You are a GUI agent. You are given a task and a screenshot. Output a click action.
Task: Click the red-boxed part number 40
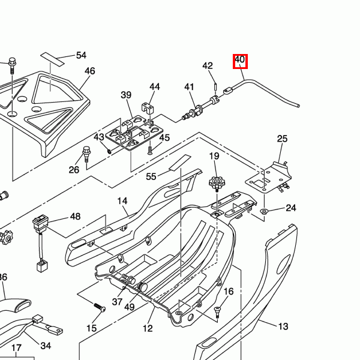point(240,60)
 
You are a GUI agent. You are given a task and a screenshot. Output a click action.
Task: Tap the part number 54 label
point(81,55)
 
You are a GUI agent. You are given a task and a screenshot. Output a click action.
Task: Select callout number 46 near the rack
point(89,71)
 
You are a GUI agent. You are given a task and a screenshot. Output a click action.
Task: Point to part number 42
point(208,65)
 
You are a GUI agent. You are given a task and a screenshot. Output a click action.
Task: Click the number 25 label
point(283,139)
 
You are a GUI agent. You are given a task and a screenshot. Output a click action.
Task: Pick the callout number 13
point(283,326)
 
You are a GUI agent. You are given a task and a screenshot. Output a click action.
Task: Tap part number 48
point(75,217)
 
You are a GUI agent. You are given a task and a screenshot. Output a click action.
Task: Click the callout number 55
point(151,176)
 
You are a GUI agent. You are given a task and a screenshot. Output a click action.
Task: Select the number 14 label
point(122,201)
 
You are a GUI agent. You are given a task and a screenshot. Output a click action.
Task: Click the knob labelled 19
point(215,182)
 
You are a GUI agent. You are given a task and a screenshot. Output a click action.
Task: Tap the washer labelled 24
point(264,211)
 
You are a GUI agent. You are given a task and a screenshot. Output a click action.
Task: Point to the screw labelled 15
point(99,307)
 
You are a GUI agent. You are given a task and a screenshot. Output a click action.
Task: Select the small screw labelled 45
point(149,145)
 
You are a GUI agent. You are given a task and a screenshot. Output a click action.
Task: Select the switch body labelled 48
point(40,224)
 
